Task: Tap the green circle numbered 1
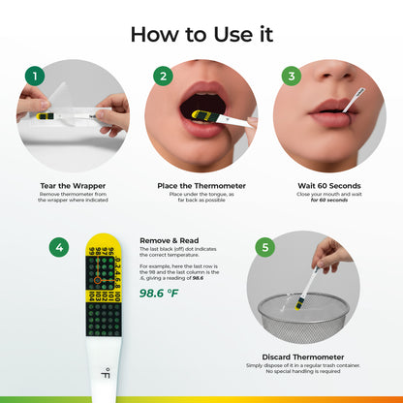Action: (34, 76)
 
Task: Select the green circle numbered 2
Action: (163, 76)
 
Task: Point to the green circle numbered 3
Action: (290, 76)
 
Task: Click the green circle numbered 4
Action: (59, 248)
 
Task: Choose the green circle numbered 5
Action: (264, 248)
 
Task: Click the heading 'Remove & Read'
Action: (170, 239)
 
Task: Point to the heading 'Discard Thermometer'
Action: (303, 356)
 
